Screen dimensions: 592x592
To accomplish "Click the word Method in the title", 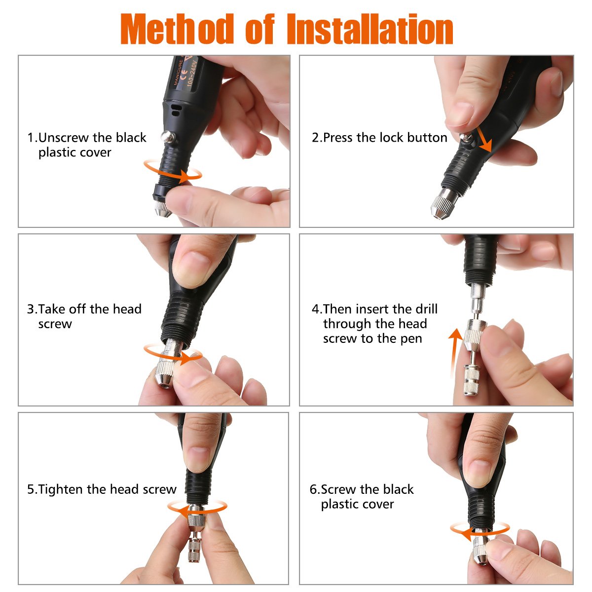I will (177, 30).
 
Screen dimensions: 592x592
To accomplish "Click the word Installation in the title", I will (370, 30).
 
